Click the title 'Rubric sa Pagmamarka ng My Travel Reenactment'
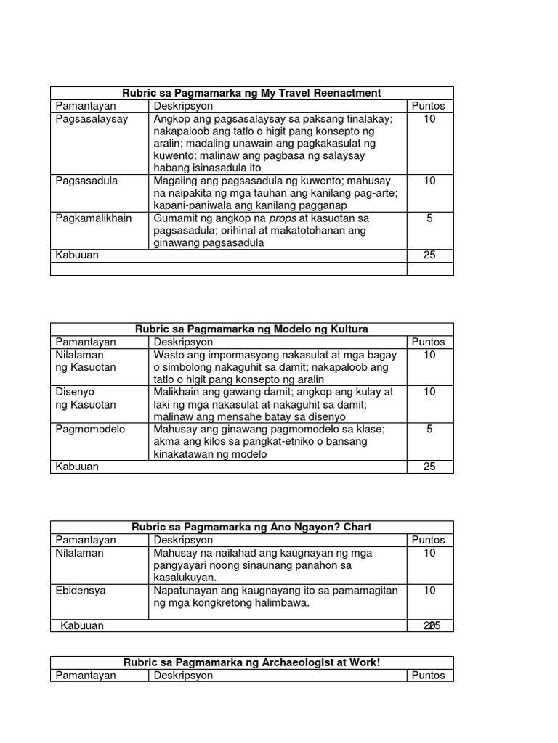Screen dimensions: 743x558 tap(251, 93)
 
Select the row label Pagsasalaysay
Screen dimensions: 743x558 tap(92, 119)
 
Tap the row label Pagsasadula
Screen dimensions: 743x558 tap(86, 181)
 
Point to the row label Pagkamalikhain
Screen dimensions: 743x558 tap(94, 218)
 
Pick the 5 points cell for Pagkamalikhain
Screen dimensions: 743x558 tap(429, 218)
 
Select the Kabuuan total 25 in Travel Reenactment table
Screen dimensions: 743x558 tap(429, 255)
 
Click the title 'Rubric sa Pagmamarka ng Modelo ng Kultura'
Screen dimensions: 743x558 tap(251, 329)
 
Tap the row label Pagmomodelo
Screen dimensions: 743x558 tap(90, 429)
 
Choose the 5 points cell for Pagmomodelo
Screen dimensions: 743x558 tap(429, 429)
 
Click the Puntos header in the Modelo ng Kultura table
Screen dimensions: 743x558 tap(429, 342)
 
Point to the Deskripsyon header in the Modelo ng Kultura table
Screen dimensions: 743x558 tap(183, 342)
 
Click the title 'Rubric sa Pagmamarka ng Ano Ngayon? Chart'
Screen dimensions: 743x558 tap(251, 527)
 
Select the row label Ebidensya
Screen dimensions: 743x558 tap(81, 590)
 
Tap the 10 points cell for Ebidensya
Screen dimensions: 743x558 tap(429, 590)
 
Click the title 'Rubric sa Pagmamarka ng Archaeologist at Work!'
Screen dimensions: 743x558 tap(251, 662)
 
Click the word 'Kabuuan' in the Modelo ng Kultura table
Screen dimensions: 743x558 tap(77, 467)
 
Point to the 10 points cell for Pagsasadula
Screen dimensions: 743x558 tap(429, 181)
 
